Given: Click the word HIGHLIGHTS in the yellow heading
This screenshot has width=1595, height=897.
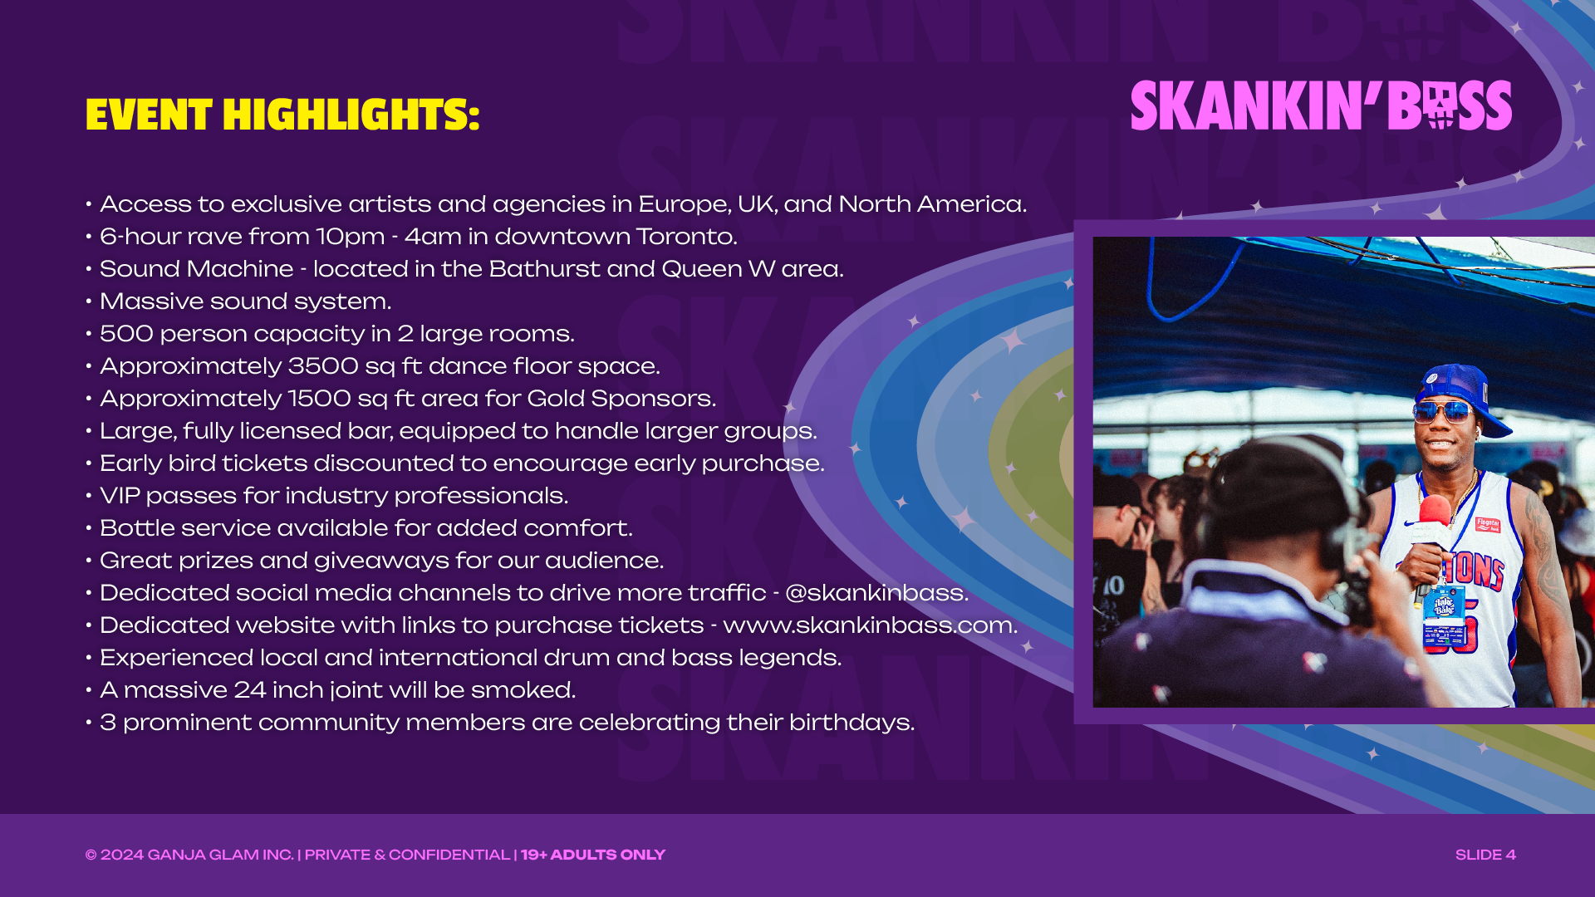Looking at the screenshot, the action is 351,115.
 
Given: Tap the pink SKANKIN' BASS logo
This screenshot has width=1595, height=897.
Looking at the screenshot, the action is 1321,105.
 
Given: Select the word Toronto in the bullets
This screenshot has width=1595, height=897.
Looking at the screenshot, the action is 686,237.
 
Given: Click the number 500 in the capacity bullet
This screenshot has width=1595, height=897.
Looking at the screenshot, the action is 126,334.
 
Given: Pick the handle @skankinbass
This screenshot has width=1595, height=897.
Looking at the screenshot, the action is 876,593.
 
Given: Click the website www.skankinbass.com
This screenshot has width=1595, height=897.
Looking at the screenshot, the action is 870,625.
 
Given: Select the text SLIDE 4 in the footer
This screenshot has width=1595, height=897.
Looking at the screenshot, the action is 1485,855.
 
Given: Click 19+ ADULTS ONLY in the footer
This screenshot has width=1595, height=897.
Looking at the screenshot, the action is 593,855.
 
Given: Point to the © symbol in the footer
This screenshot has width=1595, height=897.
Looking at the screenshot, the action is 91,855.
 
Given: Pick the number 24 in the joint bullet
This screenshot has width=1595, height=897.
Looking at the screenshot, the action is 250,690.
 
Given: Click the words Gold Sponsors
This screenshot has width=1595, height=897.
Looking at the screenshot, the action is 621,399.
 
